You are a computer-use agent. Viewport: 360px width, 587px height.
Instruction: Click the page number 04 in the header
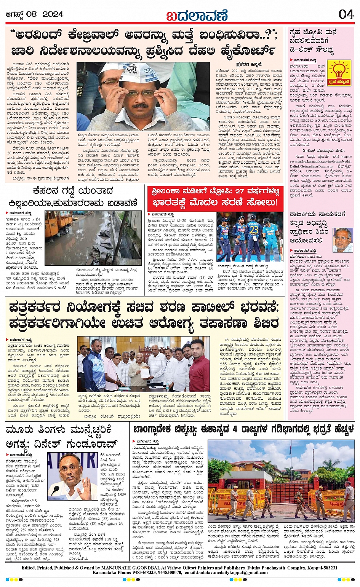[346, 14]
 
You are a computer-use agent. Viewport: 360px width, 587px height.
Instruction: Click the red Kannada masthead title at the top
[197, 15]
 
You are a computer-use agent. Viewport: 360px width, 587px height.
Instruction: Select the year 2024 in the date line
[53, 14]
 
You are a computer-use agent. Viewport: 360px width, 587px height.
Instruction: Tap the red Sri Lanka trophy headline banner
[216, 196]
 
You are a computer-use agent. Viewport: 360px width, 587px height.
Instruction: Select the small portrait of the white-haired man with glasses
[343, 240]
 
